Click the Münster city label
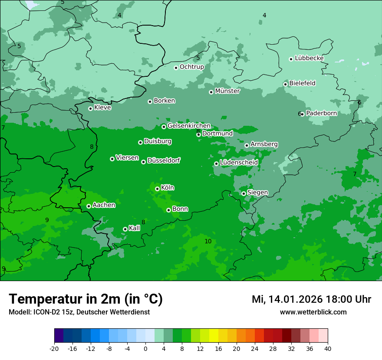click(227, 91)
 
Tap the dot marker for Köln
click(157, 189)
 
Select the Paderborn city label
click(321, 113)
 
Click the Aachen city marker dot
click(89, 206)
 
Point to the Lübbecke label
click(309, 58)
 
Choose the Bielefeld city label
click(302, 83)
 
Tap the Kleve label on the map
click(102, 108)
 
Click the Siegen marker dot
click(244, 193)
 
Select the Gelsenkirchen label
click(189, 126)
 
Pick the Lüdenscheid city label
click(239, 163)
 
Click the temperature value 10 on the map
click(208, 242)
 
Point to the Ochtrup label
click(191, 67)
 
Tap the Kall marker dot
click(125, 229)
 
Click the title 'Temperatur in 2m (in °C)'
click(86, 299)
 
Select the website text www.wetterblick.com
click(313, 312)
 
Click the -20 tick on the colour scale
click(54, 349)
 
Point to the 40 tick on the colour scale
click(328, 349)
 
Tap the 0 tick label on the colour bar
click(145, 349)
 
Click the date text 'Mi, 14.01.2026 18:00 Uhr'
click(311, 299)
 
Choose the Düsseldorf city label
click(163, 160)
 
